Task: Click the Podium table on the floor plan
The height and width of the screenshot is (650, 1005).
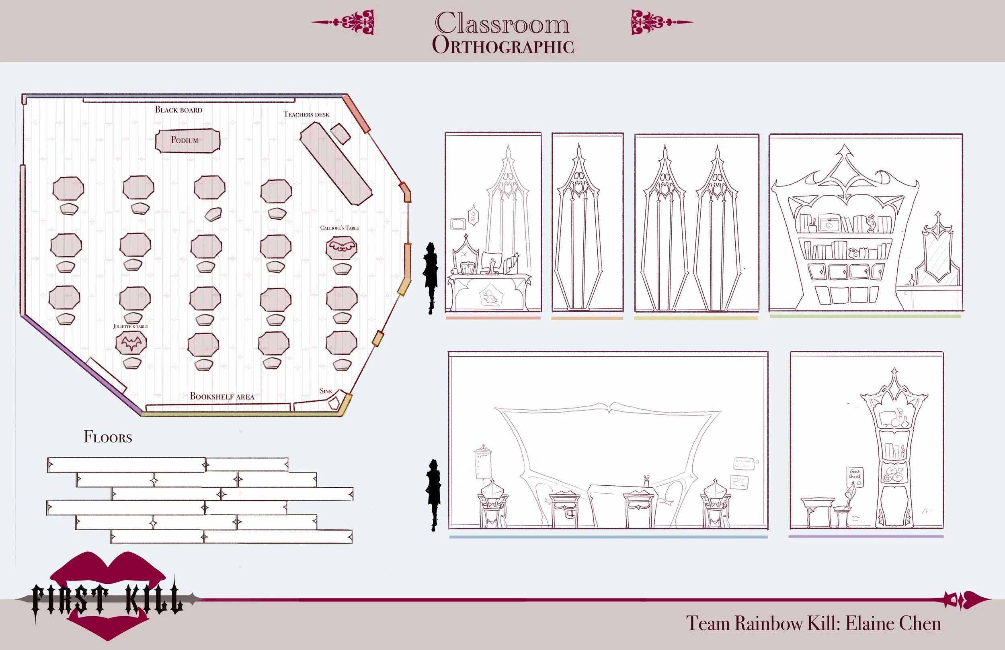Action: click(x=187, y=141)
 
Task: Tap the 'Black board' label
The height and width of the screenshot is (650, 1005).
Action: click(x=178, y=110)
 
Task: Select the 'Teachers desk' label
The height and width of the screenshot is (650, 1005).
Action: click(x=306, y=114)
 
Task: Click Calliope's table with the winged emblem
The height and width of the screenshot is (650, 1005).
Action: click(x=341, y=248)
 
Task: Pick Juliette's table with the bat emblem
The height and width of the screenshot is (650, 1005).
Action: click(x=131, y=343)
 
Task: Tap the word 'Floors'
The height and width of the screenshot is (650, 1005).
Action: click(x=108, y=437)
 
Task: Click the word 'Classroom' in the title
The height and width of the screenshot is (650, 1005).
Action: click(x=502, y=23)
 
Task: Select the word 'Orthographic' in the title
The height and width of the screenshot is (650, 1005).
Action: click(x=503, y=45)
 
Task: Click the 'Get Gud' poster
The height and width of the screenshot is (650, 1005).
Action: click(x=855, y=476)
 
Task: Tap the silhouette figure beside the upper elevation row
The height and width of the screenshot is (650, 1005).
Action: click(x=430, y=276)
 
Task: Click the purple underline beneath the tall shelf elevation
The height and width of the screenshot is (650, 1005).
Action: click(x=866, y=536)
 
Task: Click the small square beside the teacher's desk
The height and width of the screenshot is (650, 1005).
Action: click(x=340, y=134)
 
